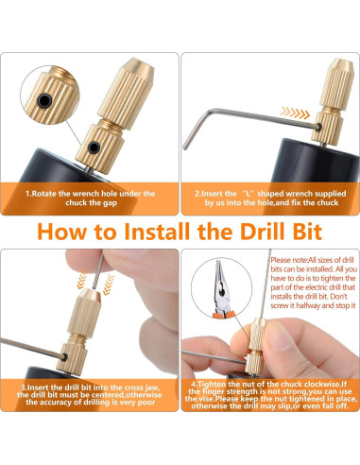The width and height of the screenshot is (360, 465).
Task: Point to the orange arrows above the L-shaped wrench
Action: point(295,112)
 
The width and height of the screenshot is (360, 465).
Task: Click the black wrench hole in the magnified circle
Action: point(44,101)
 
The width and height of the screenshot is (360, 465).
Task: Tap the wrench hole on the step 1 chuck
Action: point(94,147)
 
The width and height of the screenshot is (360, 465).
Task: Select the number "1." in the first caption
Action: point(28,194)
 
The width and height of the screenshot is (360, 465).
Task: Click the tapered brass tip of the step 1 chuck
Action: point(138,67)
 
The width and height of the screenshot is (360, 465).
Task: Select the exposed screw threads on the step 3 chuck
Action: point(77,339)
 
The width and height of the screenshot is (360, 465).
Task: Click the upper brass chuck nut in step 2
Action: point(337,84)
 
